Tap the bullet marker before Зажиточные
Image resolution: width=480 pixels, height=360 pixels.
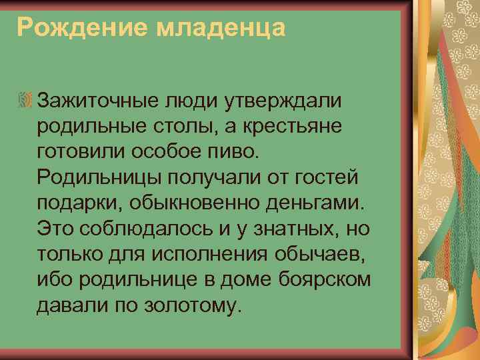[26, 101]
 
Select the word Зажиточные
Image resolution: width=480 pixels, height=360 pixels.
[95, 101]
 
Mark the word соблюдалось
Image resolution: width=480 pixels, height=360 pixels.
[134, 230]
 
